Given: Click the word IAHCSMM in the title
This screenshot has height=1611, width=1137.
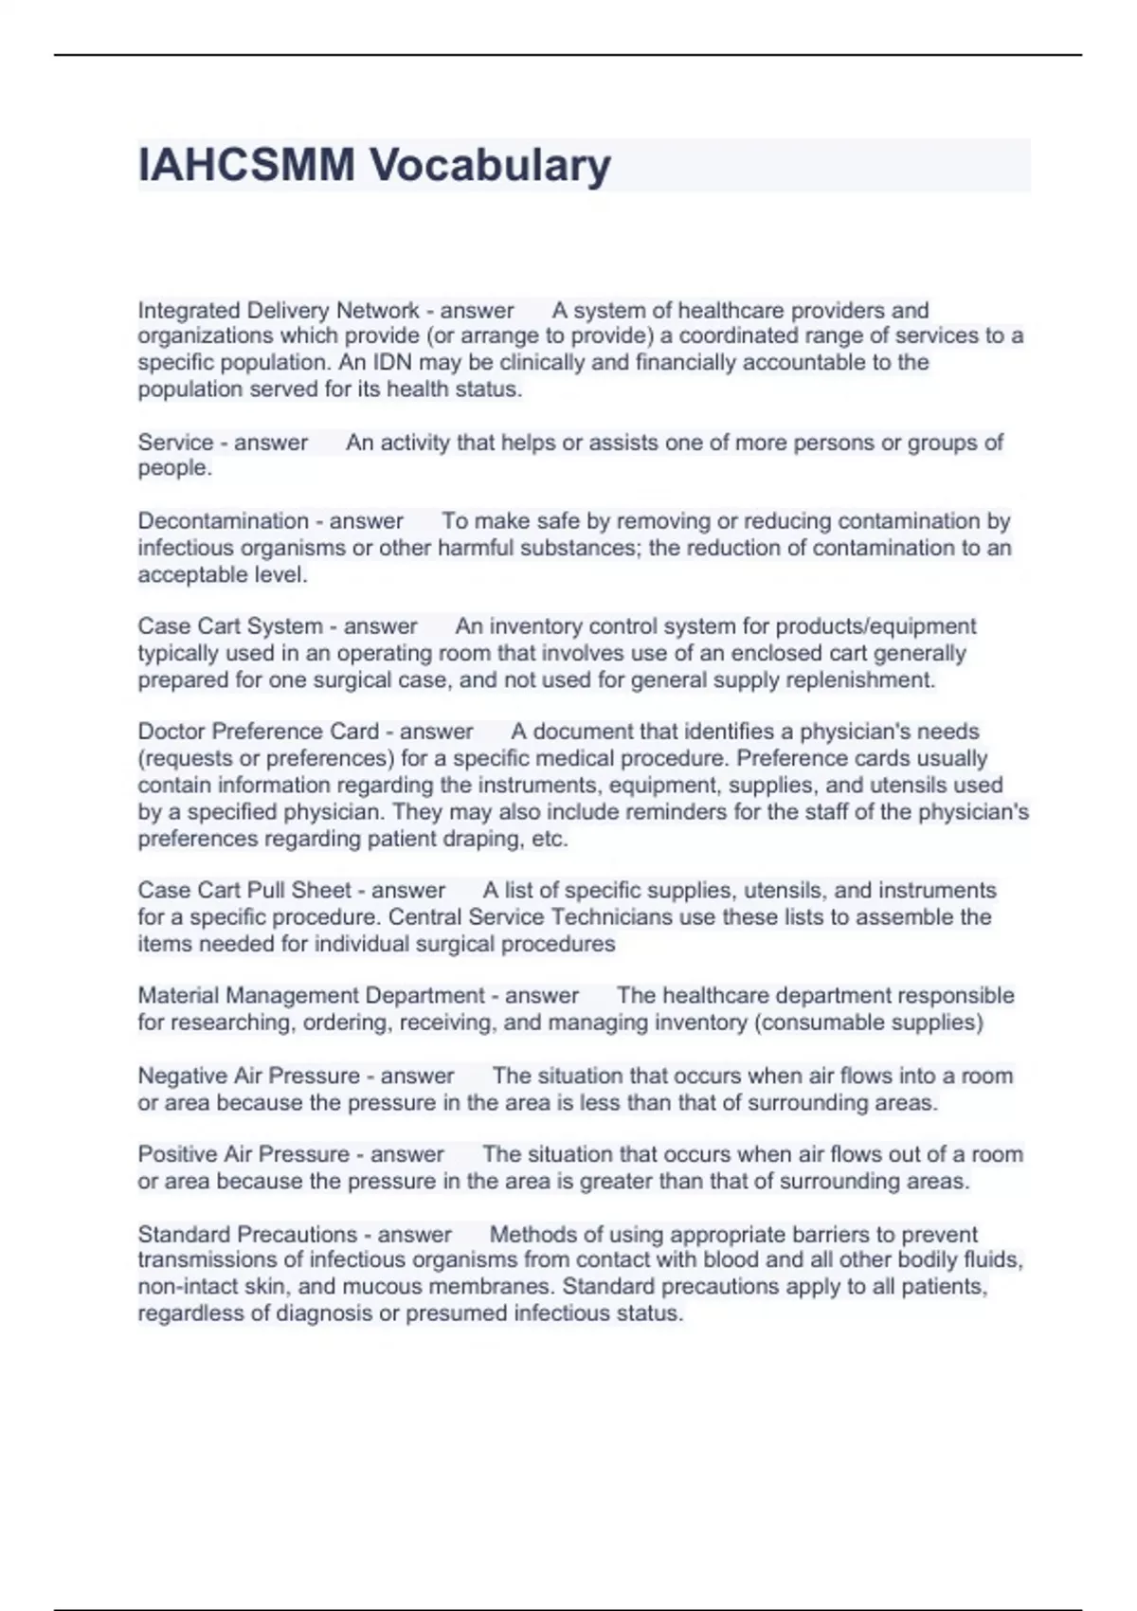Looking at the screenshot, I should tap(246, 165).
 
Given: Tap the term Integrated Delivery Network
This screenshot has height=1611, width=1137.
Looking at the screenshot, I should tap(279, 310).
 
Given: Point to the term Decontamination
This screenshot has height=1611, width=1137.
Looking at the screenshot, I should tap(224, 521).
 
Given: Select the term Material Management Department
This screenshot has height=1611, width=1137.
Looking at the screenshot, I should tap(312, 996).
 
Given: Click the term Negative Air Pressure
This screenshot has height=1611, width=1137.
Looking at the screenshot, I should tap(249, 1076).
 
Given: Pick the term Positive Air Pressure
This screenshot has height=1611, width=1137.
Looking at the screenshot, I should tap(244, 1154).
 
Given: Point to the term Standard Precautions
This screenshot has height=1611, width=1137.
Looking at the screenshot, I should tap(247, 1234).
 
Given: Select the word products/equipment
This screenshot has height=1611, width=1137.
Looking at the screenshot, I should tap(875, 626).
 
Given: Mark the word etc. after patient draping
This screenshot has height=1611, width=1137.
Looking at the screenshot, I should tap(550, 839).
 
